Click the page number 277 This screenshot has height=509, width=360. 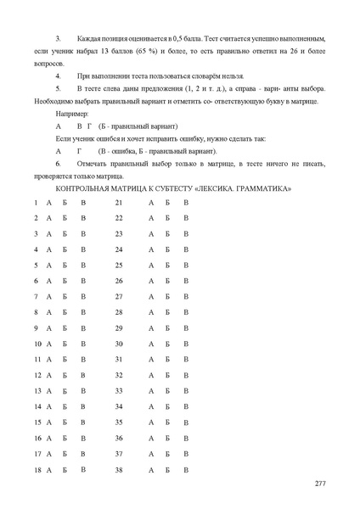(320, 484)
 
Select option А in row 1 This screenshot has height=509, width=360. (48, 203)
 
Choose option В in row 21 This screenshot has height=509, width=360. (186, 203)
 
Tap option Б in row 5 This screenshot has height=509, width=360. (65, 266)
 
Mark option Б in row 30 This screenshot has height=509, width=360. (168, 344)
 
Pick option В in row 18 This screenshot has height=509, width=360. (83, 468)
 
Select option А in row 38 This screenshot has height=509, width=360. (151, 468)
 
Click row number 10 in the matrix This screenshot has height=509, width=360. (37, 344)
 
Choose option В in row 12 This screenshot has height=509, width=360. (83, 375)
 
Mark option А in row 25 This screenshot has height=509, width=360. (151, 266)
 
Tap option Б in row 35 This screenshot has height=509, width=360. (168, 422)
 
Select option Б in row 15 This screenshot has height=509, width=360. (65, 422)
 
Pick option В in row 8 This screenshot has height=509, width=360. (83, 312)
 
